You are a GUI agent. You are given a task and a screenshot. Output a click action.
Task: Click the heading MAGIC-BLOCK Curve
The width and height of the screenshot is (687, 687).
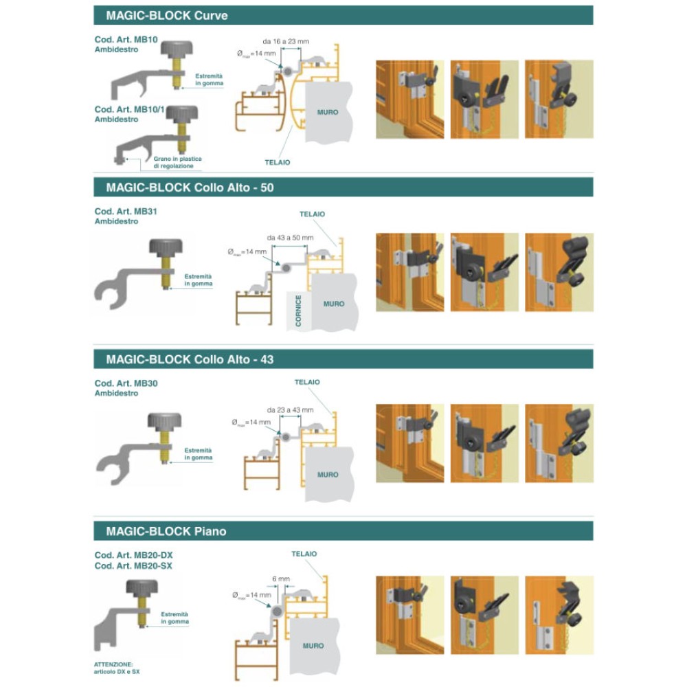tap(167, 15)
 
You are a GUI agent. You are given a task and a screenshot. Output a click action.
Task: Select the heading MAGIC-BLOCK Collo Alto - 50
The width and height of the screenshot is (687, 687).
tap(190, 187)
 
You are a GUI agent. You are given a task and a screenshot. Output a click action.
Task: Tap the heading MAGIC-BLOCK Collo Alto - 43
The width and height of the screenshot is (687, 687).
tap(190, 359)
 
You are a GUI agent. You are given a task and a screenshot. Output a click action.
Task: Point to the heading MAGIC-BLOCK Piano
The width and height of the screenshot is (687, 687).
tap(166, 531)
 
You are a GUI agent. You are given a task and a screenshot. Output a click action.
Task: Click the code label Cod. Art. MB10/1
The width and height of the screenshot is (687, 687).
tap(128, 109)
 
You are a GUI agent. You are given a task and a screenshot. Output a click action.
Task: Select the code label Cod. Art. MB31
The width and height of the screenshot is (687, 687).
tap(126, 212)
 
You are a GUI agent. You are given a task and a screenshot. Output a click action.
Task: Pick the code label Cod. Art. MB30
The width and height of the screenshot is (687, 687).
tap(126, 383)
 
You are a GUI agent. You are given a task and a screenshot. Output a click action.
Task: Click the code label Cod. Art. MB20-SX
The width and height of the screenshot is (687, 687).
tap(133, 565)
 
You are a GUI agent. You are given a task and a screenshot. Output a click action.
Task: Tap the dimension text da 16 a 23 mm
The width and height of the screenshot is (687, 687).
tap(285, 42)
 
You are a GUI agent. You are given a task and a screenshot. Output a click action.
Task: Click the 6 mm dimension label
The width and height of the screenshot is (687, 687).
tap(281, 578)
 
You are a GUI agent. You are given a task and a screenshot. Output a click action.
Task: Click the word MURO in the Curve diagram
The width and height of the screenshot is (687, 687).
tap(328, 112)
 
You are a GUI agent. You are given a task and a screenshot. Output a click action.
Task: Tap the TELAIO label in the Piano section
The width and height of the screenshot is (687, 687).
tap(304, 553)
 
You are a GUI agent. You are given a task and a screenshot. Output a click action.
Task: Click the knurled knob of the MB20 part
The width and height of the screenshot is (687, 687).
tap(143, 590)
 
